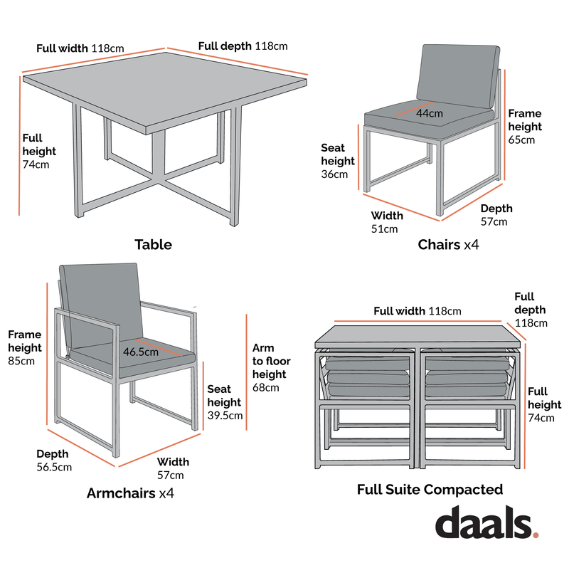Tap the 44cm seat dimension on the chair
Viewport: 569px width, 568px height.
pyautogui.click(x=430, y=113)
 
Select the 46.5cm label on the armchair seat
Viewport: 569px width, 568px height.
pyautogui.click(x=140, y=352)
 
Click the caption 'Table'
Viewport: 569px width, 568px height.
pyautogui.click(x=153, y=245)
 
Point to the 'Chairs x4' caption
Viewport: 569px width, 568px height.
pyautogui.click(x=448, y=245)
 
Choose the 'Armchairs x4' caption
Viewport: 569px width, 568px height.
pyautogui.click(x=131, y=493)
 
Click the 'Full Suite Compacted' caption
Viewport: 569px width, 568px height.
pyautogui.click(x=430, y=490)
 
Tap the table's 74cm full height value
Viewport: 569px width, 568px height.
pyautogui.click(x=36, y=165)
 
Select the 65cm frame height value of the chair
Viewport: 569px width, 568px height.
pyautogui.click(x=521, y=140)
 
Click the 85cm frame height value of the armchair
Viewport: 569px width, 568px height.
pyautogui.click(x=21, y=362)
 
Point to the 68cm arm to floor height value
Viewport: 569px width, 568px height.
pyautogui.click(x=266, y=388)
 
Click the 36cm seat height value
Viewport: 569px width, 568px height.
pyautogui.click(x=334, y=174)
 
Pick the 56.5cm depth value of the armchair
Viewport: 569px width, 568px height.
pyautogui.click(x=54, y=468)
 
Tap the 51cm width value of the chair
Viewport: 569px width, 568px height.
pyautogui.click(x=384, y=229)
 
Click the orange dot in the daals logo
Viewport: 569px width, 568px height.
pyautogui.click(x=536, y=533)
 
